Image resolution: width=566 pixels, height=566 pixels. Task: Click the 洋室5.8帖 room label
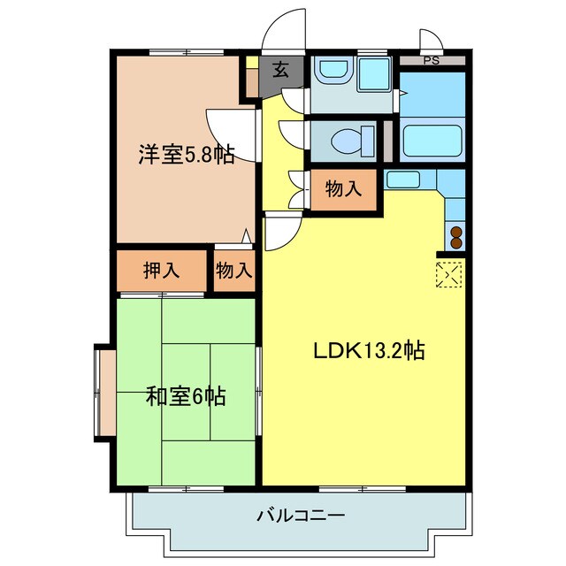pos(186,155)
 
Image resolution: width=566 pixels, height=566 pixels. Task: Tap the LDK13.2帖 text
pos(370,350)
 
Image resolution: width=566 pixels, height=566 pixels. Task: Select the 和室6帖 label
pos(186,396)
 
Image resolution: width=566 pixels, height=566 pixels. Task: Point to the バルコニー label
pos(301,514)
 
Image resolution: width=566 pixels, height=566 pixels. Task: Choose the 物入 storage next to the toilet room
pos(344,188)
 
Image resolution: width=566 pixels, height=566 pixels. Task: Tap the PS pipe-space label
pos(431,61)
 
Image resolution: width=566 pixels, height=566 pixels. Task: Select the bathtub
pos(432,141)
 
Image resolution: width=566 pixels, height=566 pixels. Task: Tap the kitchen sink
pos(402,180)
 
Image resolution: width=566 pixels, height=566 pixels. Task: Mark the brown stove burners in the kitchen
pos(456,237)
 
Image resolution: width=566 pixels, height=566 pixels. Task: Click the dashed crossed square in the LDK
pos(449,274)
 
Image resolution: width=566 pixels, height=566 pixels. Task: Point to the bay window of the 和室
pos(104,392)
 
